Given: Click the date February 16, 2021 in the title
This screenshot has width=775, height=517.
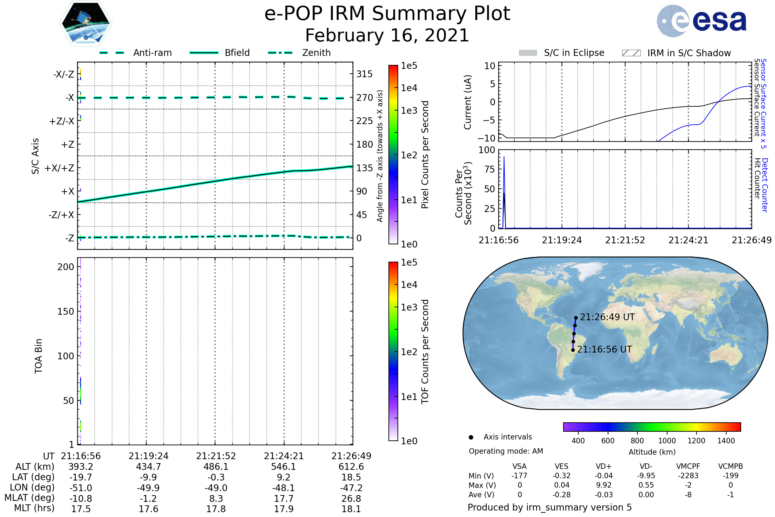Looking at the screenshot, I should click(x=387, y=36).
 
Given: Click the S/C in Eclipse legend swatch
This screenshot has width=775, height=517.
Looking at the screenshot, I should click(x=528, y=53).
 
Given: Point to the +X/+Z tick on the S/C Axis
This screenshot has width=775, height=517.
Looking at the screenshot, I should click(x=59, y=168).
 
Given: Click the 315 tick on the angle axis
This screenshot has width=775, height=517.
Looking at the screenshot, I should click(x=364, y=74).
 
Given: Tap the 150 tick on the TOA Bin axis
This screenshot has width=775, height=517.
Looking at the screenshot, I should click(x=66, y=311).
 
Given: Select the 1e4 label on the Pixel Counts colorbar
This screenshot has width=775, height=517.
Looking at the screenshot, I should click(x=409, y=88).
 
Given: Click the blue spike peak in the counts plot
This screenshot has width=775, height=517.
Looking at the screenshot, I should click(x=504, y=157).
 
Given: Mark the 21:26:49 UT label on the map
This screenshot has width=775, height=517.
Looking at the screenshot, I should click(x=607, y=317).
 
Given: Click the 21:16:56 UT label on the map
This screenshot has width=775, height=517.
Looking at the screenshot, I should click(x=604, y=350).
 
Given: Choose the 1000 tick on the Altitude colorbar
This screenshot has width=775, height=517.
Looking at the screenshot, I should click(x=667, y=441).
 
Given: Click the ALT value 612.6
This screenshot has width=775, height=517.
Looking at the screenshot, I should click(x=351, y=467).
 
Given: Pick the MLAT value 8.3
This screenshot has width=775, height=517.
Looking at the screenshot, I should click(x=216, y=499).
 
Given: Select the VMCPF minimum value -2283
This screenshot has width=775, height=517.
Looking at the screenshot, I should click(x=688, y=476).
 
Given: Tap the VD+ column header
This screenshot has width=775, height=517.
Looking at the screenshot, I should click(x=604, y=467).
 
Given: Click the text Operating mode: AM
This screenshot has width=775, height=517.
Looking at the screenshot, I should click(x=506, y=451).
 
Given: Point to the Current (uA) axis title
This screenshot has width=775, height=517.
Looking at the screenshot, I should click(x=468, y=102).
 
